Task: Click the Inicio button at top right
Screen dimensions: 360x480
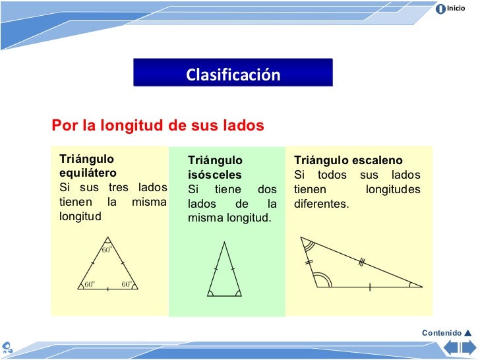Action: coord(451,9)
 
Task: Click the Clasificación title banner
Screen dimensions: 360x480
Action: coord(233,75)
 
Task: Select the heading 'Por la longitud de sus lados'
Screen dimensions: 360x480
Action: coord(158,125)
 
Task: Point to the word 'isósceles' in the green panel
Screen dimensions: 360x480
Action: coord(215,175)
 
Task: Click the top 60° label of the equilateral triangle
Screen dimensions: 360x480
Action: coord(107,249)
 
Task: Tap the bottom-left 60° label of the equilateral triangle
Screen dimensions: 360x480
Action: coord(89,285)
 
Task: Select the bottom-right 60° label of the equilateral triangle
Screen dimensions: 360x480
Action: coord(127,285)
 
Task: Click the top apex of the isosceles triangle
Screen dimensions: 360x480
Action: coord(224,243)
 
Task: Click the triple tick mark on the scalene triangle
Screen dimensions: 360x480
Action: coord(361,262)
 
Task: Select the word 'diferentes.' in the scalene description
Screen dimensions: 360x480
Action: coord(322,204)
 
